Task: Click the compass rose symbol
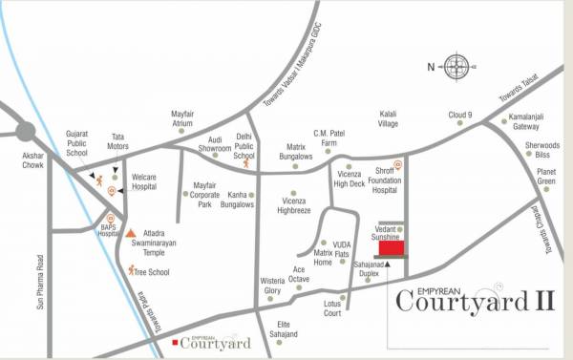click(456, 66)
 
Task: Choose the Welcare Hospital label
click(144, 182)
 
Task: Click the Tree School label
click(151, 272)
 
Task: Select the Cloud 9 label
click(461, 116)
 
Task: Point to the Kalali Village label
click(389, 117)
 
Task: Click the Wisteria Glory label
click(273, 286)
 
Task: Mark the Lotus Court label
click(333, 308)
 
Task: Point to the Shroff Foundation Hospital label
click(384, 181)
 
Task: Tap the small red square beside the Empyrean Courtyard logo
click(174, 342)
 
